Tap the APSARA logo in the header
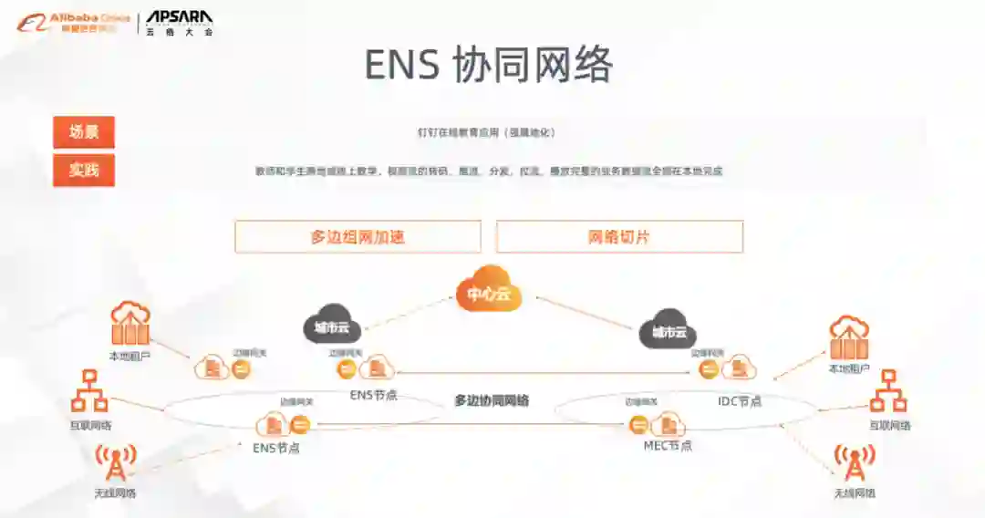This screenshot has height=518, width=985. point(180,22)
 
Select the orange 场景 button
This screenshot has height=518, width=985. point(84,132)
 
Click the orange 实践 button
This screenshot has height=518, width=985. point(84,170)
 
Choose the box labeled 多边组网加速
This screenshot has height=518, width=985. point(358,237)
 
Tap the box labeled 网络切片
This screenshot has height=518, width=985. point(619,237)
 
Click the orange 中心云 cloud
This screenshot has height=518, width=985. point(489,291)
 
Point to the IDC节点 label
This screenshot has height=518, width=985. point(739,401)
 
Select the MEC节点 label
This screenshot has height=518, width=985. point(668,445)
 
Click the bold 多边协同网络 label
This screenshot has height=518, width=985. point(492,400)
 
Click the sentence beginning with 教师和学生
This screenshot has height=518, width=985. point(489,171)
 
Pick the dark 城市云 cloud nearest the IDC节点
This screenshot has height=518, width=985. point(669,330)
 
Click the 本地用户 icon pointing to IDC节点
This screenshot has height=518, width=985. point(849,339)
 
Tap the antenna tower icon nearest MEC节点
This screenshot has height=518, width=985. point(855,463)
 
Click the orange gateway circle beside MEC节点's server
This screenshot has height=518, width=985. point(638,424)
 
